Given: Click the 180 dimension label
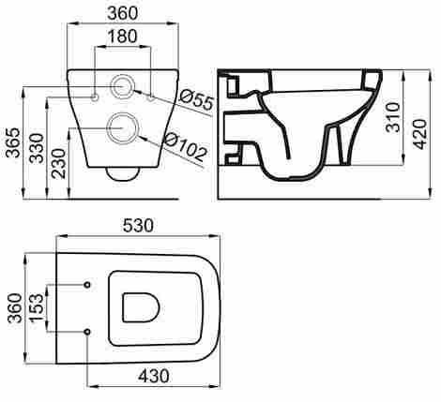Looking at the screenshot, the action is pyautogui.click(x=122, y=36).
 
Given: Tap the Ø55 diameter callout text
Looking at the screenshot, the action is pyautogui.click(x=197, y=99).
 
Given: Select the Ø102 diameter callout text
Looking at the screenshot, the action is pyautogui.click(x=186, y=147).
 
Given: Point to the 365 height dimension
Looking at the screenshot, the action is pyautogui.click(x=14, y=142).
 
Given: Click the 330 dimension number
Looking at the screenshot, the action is pyautogui.click(x=37, y=148).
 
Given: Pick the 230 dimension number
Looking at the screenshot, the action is pyautogui.click(x=59, y=163).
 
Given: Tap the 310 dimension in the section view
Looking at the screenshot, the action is pyautogui.click(x=392, y=117).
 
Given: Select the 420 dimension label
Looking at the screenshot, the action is pyautogui.click(x=420, y=134).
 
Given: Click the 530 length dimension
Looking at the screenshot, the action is pyautogui.click(x=138, y=226).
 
